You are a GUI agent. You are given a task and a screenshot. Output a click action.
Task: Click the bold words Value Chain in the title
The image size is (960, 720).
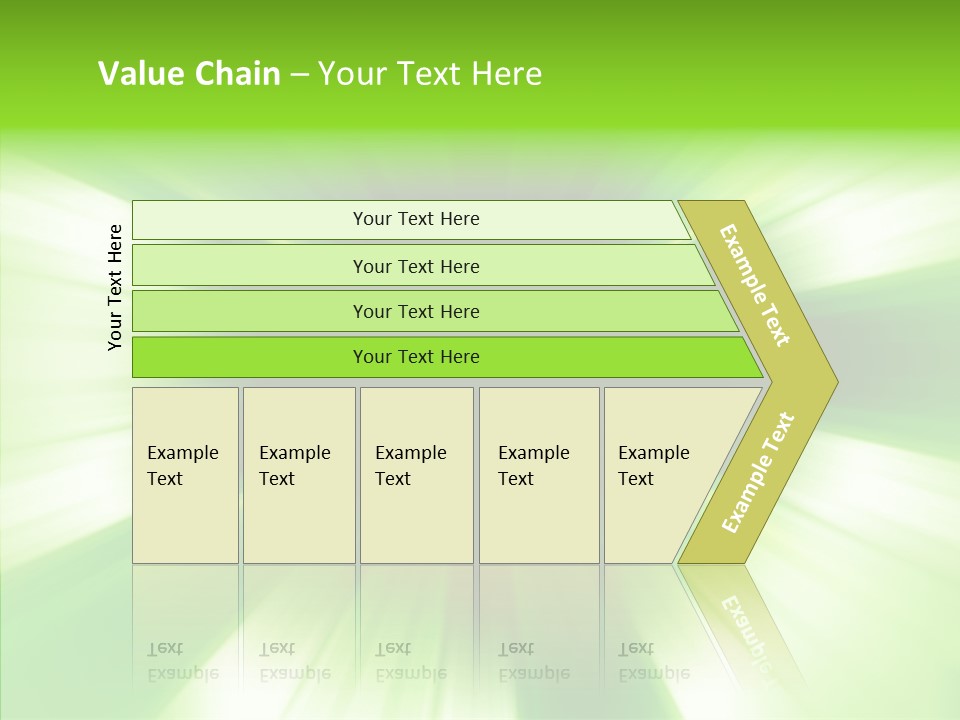tap(189, 74)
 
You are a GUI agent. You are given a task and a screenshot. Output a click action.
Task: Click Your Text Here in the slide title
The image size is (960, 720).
tap(430, 74)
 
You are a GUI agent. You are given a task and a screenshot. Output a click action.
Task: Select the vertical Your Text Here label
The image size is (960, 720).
tap(115, 287)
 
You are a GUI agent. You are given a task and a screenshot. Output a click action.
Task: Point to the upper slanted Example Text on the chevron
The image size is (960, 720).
tap(755, 285)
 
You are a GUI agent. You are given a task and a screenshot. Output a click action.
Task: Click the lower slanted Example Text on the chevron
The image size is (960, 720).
tap(758, 473)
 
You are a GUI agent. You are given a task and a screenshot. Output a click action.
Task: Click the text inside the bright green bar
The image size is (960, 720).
tap(416, 357)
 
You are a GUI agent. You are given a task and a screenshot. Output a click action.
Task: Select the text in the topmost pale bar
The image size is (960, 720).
tap(416, 219)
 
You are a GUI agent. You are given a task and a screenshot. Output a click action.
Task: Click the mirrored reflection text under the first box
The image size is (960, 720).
tap(183, 662)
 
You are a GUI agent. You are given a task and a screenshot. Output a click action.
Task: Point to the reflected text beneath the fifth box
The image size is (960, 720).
tap(654, 662)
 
